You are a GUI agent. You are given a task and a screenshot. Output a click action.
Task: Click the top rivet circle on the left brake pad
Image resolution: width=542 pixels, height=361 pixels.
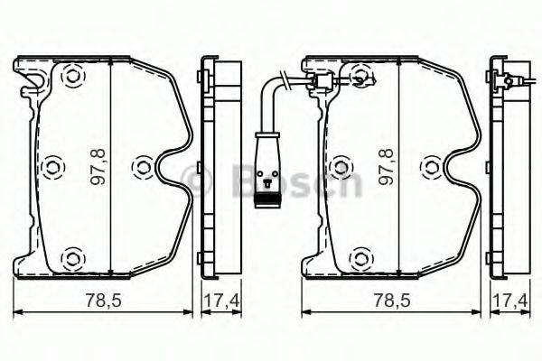70,78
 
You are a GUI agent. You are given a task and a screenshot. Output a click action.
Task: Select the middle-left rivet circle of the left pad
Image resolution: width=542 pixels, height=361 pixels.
51,167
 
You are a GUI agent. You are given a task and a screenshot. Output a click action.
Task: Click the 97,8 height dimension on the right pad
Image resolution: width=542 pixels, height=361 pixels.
386,168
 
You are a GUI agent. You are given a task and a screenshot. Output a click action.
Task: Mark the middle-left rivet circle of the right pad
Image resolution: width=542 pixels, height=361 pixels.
340,167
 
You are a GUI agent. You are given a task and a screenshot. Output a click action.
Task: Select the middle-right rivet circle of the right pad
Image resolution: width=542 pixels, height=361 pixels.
433,167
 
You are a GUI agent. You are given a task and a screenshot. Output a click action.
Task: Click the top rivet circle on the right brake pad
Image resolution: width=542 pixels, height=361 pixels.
359,78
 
